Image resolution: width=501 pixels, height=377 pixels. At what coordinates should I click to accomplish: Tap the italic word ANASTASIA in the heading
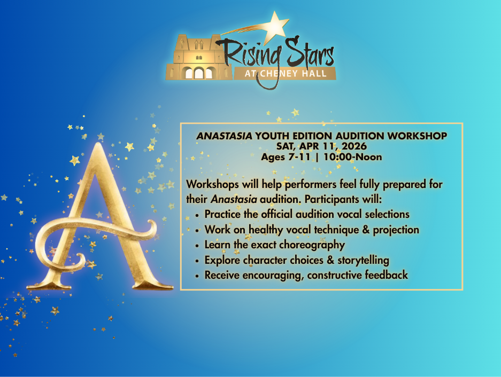[x=225, y=136]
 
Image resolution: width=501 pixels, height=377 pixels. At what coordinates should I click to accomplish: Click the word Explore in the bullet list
[x=222, y=261]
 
